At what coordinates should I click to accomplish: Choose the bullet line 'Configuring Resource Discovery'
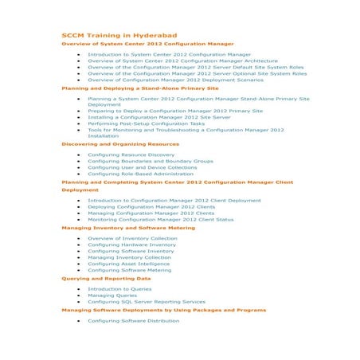(x=131, y=155)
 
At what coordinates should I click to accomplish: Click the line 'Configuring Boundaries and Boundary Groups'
(x=150, y=161)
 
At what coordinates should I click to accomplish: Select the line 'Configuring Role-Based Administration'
(x=140, y=174)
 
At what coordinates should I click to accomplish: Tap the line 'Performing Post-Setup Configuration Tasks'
(x=146, y=123)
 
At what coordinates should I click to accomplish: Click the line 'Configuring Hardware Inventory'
(x=131, y=245)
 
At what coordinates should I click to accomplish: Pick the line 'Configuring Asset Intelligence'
(x=128, y=264)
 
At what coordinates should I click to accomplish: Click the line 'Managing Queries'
(x=112, y=295)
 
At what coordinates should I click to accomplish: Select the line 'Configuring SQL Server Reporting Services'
(x=146, y=302)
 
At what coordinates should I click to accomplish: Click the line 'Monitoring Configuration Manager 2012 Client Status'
(x=160, y=219)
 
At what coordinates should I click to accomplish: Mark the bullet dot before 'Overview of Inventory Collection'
(x=78, y=238)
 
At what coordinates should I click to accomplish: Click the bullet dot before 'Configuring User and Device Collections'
(x=78, y=167)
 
